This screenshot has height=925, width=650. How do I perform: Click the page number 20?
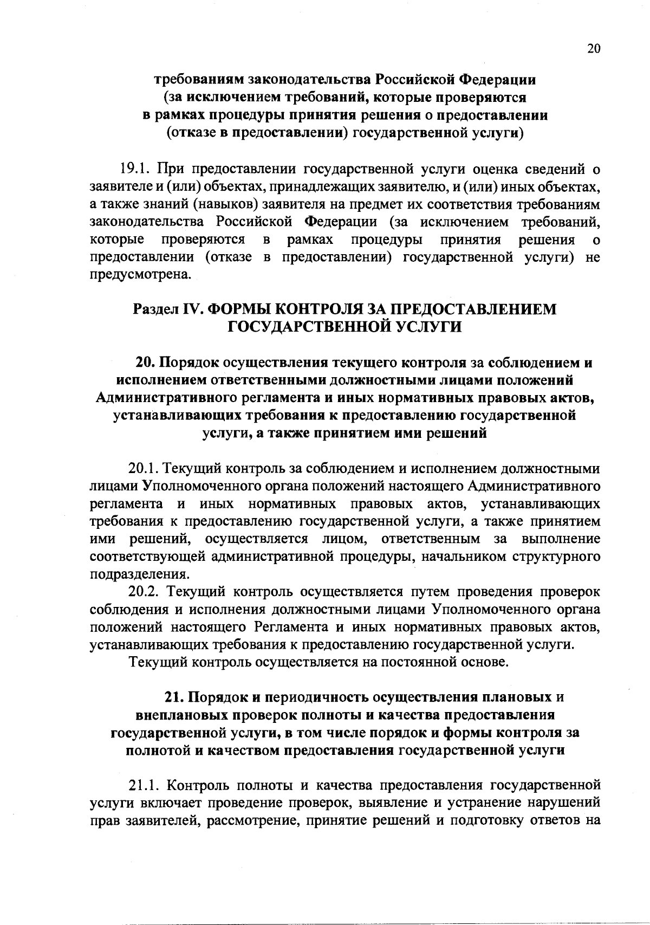click(x=593, y=49)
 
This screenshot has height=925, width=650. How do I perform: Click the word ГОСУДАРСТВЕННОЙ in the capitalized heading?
click(x=292, y=327)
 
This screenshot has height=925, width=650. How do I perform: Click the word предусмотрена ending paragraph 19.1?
click(x=140, y=275)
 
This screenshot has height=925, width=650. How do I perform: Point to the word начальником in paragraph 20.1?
click(x=465, y=557)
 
